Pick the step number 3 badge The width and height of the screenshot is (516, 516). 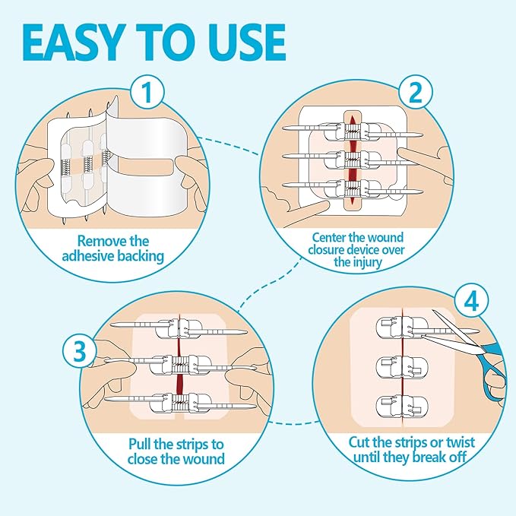click(79, 350)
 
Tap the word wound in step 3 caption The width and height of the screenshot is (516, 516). click(203, 458)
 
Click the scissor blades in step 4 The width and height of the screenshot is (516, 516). click(448, 328)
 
